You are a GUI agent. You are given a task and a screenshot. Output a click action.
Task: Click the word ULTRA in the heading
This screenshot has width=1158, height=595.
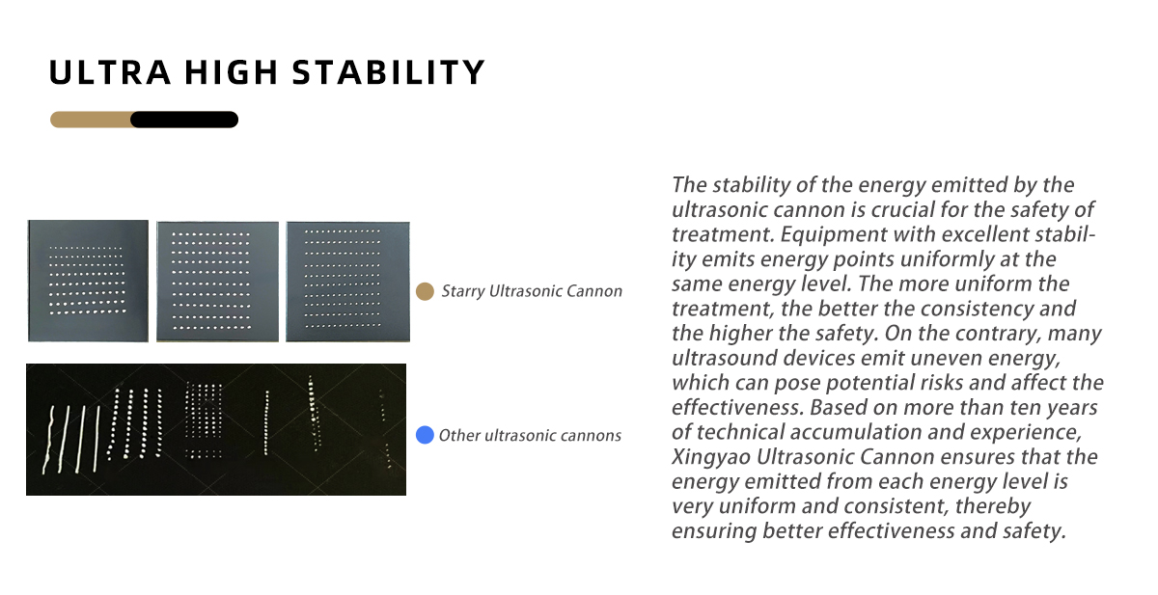coord(110,71)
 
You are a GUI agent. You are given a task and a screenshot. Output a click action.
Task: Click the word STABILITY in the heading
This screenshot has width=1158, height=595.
coord(389,71)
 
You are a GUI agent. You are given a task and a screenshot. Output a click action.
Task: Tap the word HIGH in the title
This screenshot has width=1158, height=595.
coord(232,71)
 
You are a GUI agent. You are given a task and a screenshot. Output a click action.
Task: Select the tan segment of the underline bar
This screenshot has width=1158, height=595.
coord(91,120)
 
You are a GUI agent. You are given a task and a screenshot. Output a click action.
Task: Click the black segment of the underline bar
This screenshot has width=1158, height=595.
coord(184,120)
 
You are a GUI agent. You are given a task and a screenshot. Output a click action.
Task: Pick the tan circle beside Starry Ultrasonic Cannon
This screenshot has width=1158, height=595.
coord(425,291)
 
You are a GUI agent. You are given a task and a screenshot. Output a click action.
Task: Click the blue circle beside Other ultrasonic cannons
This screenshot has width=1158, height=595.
coord(425,435)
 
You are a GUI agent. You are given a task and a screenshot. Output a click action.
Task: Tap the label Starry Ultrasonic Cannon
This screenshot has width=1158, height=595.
coord(532,291)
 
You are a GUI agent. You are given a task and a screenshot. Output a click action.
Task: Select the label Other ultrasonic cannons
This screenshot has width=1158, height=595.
coord(530,436)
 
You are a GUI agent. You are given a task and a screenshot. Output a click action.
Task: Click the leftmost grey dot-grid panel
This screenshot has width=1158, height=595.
coord(88,281)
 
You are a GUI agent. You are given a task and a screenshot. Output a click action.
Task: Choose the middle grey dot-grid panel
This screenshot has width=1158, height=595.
coord(218,282)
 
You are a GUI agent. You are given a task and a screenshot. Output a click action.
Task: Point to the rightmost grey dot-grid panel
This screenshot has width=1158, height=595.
coord(348,282)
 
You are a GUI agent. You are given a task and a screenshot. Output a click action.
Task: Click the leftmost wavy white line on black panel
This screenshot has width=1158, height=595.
coord(49,440)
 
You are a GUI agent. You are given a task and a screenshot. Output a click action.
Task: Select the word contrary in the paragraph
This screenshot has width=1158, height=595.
coord(997,334)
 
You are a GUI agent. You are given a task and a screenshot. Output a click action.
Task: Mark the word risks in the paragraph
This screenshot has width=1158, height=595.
coord(940,383)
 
